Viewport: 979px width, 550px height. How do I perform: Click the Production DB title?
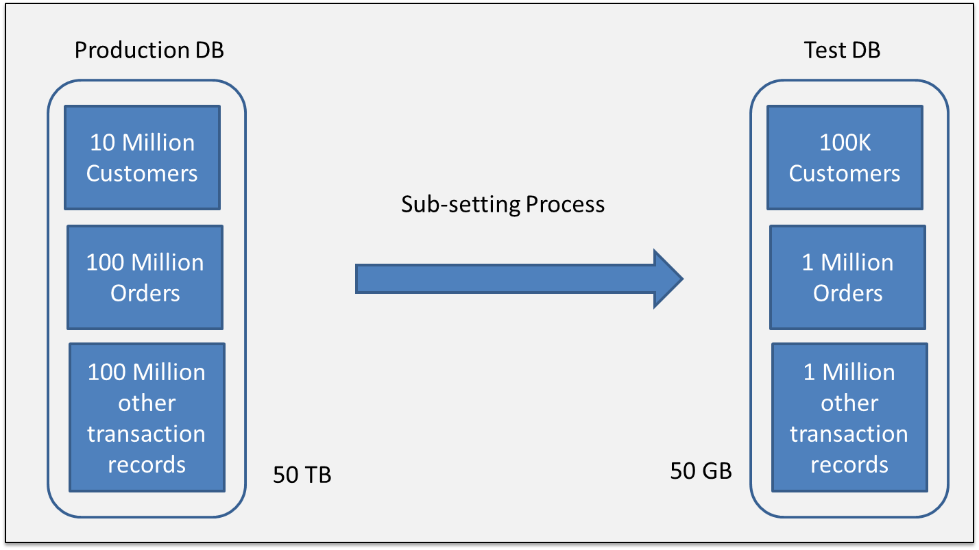coord(149,50)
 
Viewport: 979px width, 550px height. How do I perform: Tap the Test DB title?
coord(843,50)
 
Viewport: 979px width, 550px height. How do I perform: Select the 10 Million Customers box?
coord(142,158)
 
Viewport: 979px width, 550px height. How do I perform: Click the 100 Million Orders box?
coord(145,277)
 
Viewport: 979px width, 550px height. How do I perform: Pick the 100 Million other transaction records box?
coord(147,418)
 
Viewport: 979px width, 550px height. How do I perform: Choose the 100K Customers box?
coord(845,158)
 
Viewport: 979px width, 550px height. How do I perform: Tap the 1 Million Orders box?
coord(847,277)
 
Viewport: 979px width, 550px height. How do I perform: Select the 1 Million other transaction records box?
coord(849,418)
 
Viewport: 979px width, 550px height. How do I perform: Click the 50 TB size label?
coord(302,475)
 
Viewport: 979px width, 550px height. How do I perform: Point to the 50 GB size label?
coord(701,471)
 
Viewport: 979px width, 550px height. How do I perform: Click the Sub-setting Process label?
coord(503,204)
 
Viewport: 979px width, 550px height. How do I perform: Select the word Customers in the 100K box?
coord(845,173)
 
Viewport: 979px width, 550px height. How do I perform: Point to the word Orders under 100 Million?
coord(145,293)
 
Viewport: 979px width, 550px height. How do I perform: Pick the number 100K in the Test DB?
coord(845,142)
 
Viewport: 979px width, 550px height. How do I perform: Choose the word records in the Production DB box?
coord(147,464)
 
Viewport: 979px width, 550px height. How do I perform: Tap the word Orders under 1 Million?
coord(848,293)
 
